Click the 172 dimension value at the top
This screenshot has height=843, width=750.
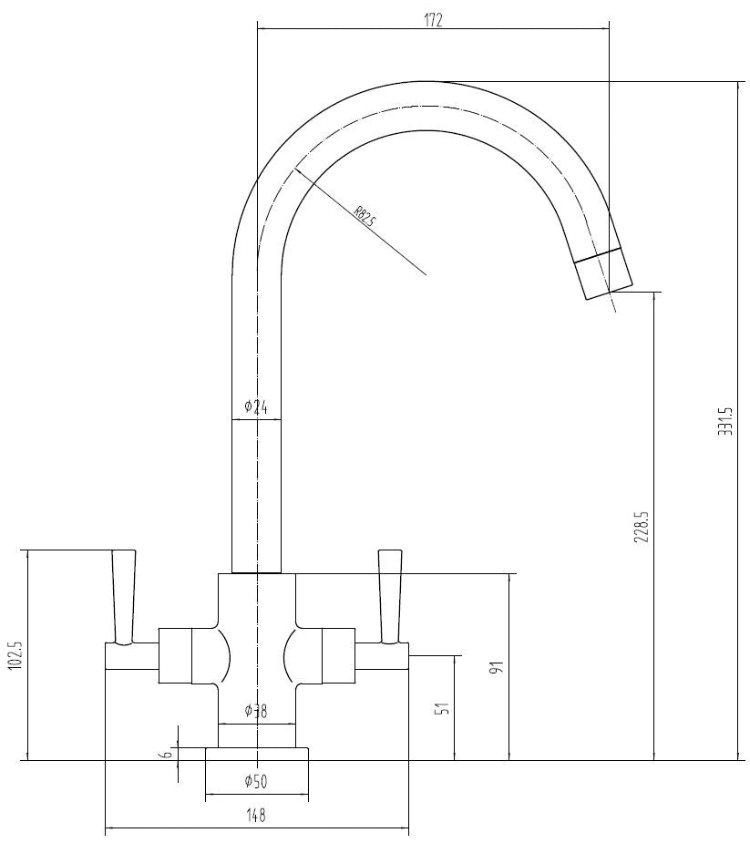coord(433,20)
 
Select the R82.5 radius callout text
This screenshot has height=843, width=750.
coord(365,219)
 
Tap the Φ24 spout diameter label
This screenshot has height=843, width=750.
coord(256,407)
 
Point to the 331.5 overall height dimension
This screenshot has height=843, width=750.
coord(724,420)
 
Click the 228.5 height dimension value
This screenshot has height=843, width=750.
coord(641,527)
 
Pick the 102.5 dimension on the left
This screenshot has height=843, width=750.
coord(15,655)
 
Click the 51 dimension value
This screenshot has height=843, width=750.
coord(442,708)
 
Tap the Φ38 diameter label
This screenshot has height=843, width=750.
coord(256,712)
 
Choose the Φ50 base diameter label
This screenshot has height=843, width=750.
coord(256,781)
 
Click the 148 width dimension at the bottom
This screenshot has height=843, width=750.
coord(256,816)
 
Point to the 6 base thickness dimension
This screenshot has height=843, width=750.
coord(166,753)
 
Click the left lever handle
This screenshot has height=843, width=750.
coord(123,596)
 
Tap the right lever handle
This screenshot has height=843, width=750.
coord(389,596)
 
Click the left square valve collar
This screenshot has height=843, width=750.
coord(175,655)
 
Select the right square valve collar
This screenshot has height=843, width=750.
coord(338,655)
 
